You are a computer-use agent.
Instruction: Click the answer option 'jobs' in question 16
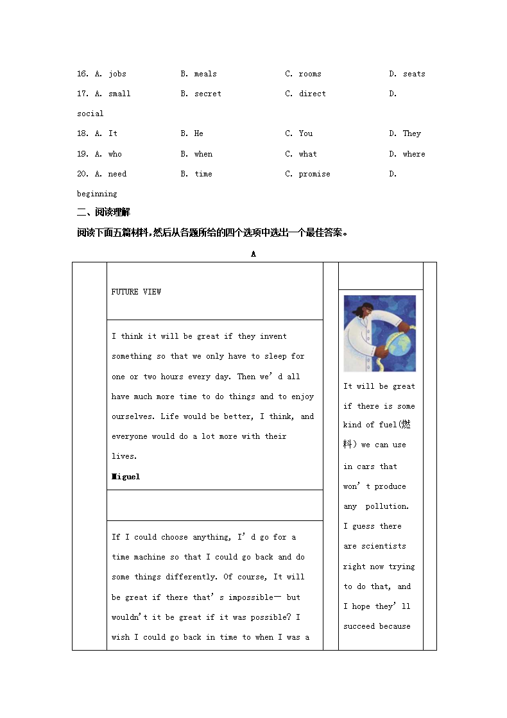click(x=117, y=74)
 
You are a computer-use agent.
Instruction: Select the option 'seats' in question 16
click(x=414, y=74)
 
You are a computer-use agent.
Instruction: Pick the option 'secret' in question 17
click(x=207, y=94)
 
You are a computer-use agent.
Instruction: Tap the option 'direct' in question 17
click(x=312, y=94)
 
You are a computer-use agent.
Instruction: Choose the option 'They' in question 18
click(x=411, y=133)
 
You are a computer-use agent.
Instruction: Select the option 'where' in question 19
click(x=414, y=154)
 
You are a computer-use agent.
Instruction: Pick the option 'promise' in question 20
click(x=314, y=174)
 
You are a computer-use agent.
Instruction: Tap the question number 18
click(x=82, y=133)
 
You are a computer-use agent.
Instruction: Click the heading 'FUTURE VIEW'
click(x=136, y=292)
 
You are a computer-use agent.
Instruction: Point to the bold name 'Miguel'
click(x=126, y=477)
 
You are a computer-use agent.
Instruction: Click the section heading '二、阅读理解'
click(x=103, y=213)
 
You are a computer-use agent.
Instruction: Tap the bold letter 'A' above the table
click(x=253, y=254)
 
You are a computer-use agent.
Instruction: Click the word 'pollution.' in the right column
click(x=387, y=506)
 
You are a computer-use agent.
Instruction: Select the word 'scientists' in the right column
click(x=383, y=546)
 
